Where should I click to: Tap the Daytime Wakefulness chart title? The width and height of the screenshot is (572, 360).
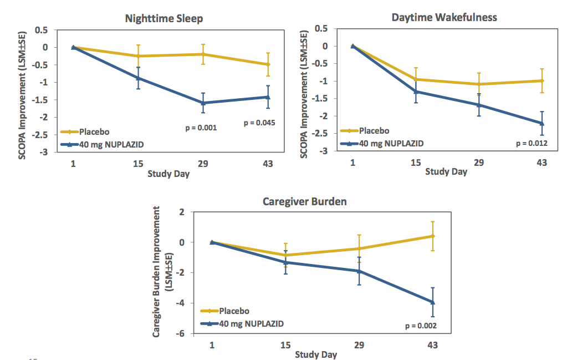point(444,17)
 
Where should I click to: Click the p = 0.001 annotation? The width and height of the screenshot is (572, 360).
point(201,128)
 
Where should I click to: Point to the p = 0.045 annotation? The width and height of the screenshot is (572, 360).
point(259,123)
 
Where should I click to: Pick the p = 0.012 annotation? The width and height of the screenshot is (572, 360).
point(532,143)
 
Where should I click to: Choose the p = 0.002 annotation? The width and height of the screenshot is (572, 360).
point(421,326)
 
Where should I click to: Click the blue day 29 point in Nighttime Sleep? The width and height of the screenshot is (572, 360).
point(203,103)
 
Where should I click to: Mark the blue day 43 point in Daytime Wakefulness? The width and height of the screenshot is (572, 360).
point(542,123)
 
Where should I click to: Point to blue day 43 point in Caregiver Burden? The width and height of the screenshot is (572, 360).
point(433,302)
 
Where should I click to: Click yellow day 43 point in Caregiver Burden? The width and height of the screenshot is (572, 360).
point(433,236)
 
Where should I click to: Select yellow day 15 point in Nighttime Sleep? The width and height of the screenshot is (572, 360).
point(139,56)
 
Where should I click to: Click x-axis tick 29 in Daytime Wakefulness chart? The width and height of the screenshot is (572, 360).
point(479,163)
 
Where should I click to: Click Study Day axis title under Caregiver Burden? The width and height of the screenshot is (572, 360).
point(315,354)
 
